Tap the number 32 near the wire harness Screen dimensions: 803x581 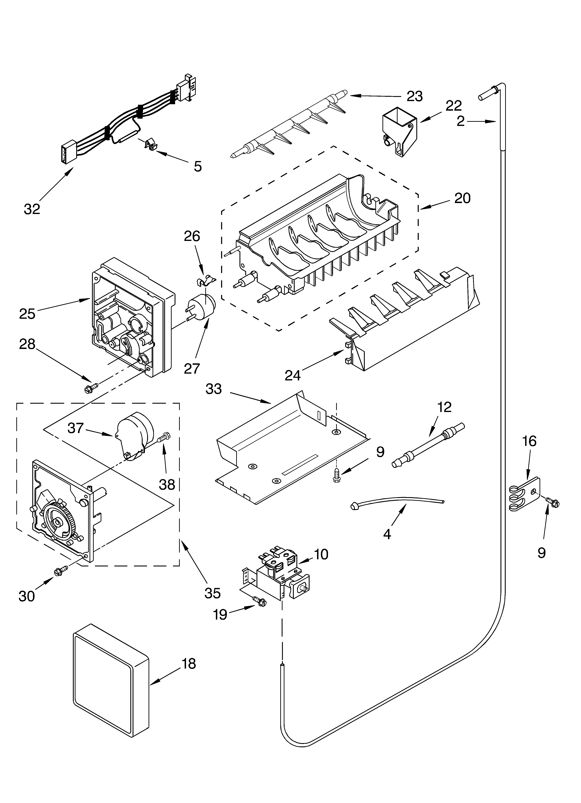tap(32, 209)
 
